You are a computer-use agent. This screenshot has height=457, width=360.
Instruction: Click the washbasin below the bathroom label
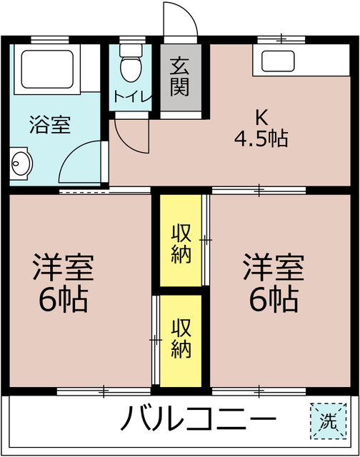pyautogui.click(x=21, y=166)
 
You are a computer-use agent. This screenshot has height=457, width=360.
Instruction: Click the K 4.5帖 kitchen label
pyautogui.click(x=261, y=129)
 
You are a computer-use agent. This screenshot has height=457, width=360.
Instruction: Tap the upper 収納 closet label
pyautogui.click(x=181, y=243)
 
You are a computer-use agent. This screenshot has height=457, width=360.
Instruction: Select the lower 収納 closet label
pyautogui.click(x=181, y=338)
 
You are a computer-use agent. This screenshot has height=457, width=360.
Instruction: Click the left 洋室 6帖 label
pyautogui.click(x=63, y=283)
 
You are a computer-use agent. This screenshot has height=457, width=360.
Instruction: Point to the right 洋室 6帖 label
pyautogui.click(x=274, y=283)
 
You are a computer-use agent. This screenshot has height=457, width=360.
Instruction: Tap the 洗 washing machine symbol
pyautogui.click(x=326, y=420)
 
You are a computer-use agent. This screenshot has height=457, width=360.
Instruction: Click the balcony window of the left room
pyautogui.click(x=104, y=391)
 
